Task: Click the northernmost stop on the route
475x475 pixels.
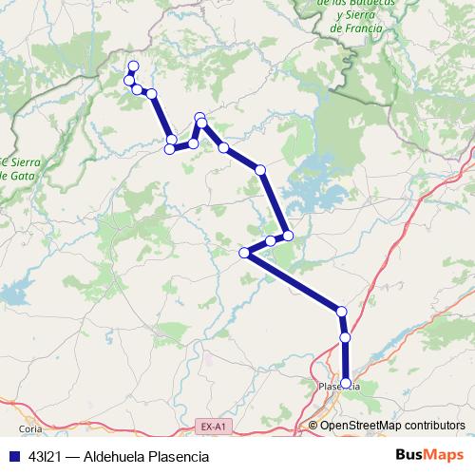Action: pyautogui.click(x=133, y=66)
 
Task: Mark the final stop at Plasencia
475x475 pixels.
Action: pyautogui.click(x=346, y=384)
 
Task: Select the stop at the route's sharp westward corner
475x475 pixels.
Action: pyautogui.click(x=245, y=253)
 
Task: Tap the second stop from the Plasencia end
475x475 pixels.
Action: pyautogui.click(x=345, y=337)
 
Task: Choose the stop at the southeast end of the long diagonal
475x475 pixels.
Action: pyautogui.click(x=341, y=312)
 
